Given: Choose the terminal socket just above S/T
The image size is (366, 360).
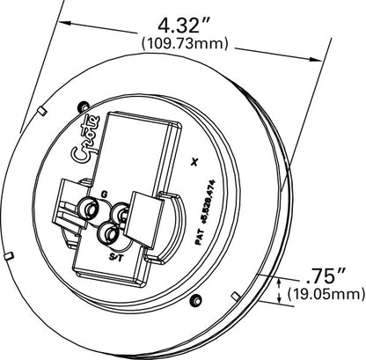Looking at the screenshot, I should coord(109,232).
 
